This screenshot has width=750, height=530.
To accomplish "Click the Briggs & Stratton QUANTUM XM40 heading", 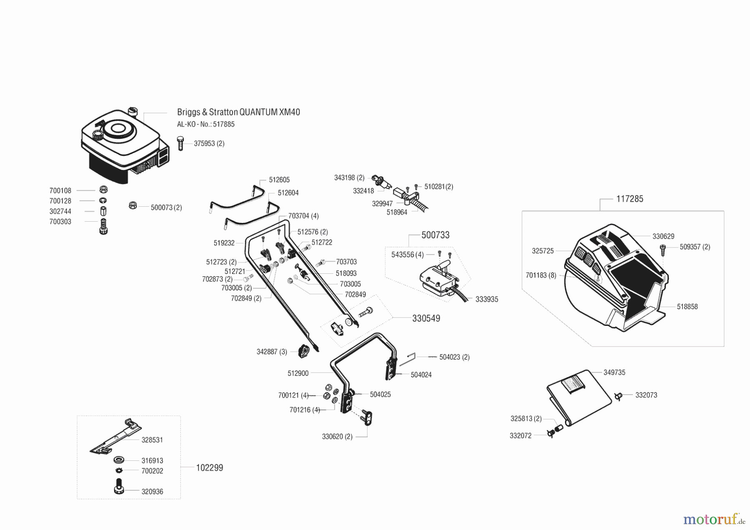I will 238,112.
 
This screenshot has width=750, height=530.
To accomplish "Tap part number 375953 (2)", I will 209,143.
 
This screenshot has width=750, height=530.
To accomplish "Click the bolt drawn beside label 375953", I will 180,143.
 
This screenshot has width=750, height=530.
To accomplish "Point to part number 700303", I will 60,222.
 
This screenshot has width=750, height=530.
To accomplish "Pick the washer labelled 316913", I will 119,460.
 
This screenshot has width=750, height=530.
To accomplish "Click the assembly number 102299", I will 210,467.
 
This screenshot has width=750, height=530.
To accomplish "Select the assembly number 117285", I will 630,199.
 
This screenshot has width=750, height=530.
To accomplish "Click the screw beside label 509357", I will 663,249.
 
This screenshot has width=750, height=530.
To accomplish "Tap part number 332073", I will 646,395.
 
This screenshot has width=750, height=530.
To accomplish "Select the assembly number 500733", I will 435,235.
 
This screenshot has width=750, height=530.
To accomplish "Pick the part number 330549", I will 426,318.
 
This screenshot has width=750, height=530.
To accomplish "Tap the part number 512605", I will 279,180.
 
